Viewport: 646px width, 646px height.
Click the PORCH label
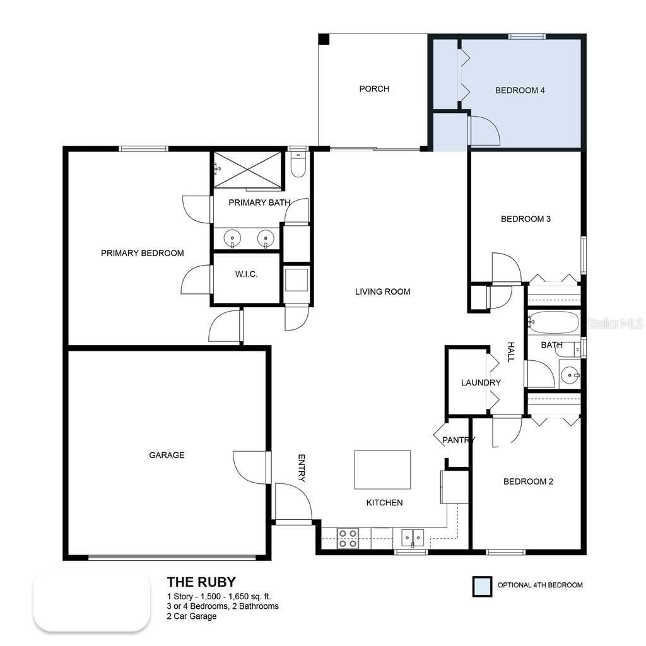(x=374, y=89)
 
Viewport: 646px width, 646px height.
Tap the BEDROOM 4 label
(x=520, y=90)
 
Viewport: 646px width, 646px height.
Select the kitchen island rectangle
(x=382, y=469)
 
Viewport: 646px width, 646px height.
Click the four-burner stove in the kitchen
(x=347, y=538)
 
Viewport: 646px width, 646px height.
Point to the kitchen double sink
(x=413, y=538)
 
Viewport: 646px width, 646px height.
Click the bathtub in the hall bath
(x=553, y=322)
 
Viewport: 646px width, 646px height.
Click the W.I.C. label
(x=246, y=274)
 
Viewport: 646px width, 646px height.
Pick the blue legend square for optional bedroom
(x=483, y=586)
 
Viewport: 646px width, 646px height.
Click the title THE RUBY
(x=201, y=582)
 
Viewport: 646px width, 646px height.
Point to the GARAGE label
(x=167, y=455)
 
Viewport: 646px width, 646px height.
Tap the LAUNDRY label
(x=481, y=382)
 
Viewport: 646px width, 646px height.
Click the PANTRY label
(x=458, y=440)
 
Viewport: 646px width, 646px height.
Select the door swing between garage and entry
(x=252, y=467)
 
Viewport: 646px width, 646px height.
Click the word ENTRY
(x=302, y=468)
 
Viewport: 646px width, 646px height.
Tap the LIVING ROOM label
(x=382, y=291)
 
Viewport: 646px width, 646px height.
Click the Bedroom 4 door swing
(x=483, y=131)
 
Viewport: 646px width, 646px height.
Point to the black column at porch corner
(x=324, y=39)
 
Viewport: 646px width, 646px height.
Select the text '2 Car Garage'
(x=192, y=616)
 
